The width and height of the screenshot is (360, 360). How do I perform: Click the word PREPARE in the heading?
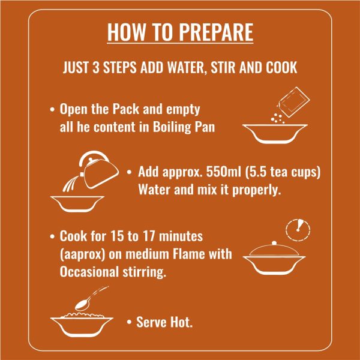(x=216, y=32)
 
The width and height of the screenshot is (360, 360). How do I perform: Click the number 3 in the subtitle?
(x=96, y=68)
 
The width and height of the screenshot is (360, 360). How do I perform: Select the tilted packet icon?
(x=294, y=102)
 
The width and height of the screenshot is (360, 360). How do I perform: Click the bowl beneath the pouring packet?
(x=275, y=134)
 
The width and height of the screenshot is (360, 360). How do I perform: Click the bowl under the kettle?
(x=77, y=203)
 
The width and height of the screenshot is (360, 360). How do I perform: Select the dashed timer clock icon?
(x=298, y=230)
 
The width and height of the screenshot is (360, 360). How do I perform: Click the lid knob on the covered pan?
(x=274, y=242)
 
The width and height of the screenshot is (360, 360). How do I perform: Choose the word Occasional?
(x=89, y=272)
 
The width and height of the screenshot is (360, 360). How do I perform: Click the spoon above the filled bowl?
(x=91, y=298)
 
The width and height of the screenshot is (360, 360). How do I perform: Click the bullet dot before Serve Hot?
(x=129, y=322)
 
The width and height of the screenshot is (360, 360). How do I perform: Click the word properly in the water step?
(x=256, y=191)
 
